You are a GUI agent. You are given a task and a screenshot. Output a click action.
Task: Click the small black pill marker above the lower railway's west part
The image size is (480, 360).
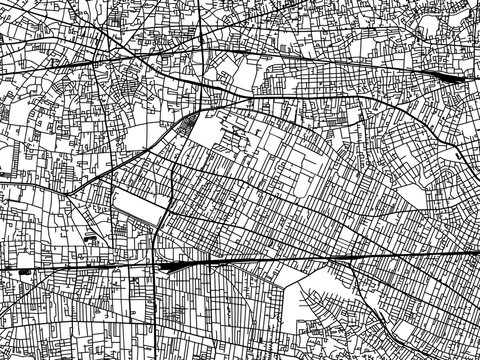point(91,240)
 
